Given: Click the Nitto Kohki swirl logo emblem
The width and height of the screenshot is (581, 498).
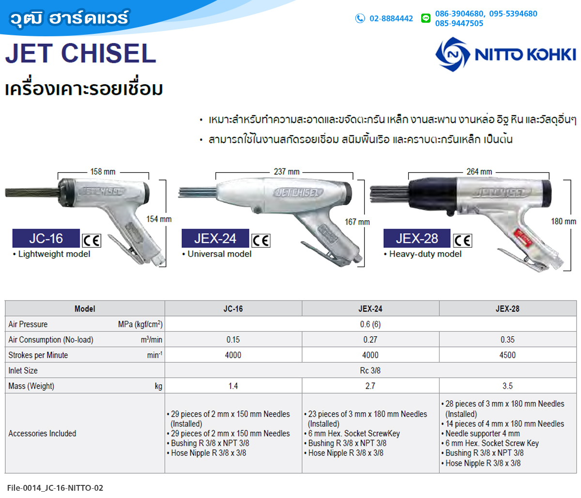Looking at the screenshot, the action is (x=452, y=54).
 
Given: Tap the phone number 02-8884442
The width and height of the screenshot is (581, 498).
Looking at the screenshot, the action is (x=391, y=18).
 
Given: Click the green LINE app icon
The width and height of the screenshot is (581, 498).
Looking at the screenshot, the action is (x=426, y=18).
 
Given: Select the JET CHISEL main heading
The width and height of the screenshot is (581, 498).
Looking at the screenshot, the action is (x=81, y=53).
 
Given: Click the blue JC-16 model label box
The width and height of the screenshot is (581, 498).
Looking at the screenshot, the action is (x=46, y=238).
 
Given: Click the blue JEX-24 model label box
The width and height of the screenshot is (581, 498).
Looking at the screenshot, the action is (x=215, y=238).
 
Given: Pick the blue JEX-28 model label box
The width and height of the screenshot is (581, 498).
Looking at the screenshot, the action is (x=417, y=238).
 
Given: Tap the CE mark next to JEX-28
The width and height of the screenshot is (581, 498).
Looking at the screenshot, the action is (x=463, y=241).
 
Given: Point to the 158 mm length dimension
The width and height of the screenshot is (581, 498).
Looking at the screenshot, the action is (x=103, y=172).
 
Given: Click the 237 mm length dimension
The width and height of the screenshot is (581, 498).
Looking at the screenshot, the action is (x=287, y=172).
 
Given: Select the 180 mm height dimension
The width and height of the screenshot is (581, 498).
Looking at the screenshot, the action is (x=564, y=222).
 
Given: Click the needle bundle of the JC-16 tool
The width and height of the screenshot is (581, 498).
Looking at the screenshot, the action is (x=32, y=193).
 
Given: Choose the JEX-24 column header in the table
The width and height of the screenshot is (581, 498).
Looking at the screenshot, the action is (x=370, y=309).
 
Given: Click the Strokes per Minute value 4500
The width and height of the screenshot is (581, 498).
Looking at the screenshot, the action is (x=507, y=355).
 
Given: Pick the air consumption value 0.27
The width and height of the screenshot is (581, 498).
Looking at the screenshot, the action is (x=370, y=339).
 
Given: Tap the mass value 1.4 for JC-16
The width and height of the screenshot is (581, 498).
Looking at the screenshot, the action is (x=233, y=386).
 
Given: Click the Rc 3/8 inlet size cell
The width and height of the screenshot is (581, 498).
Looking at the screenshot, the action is (x=370, y=370).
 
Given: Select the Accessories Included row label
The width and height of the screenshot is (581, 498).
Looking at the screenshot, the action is (x=42, y=433).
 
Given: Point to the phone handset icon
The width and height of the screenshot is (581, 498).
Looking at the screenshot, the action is (x=360, y=18).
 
